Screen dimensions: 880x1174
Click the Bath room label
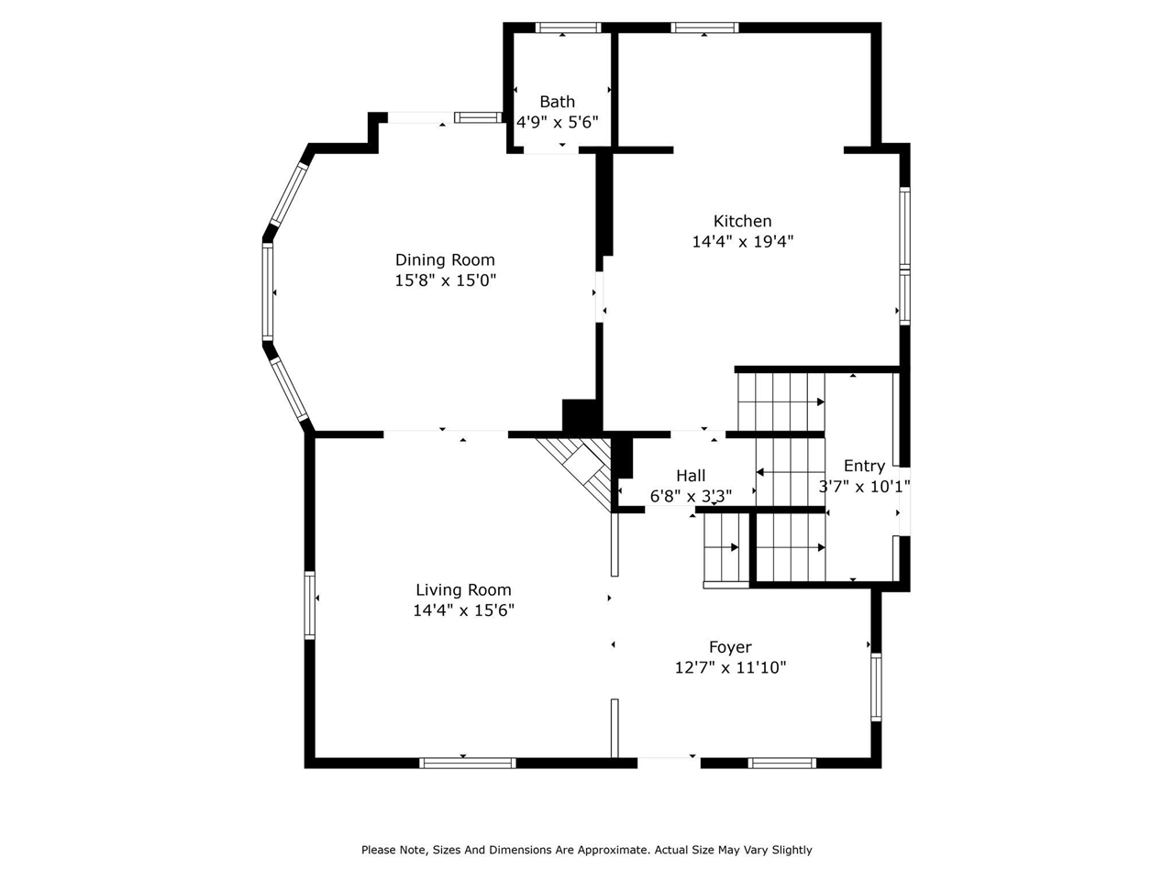557,102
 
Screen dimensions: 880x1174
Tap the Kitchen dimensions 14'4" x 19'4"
742,242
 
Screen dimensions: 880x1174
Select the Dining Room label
445,260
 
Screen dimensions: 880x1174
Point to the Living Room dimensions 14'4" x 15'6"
463,610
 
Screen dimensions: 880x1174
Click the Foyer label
730,647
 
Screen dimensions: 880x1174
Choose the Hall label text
691,476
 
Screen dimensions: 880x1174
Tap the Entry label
864,466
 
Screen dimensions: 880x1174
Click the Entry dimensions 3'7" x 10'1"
864,487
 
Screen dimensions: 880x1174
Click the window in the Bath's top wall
568,27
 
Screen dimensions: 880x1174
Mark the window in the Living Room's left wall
310,604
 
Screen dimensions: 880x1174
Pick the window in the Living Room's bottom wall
468,763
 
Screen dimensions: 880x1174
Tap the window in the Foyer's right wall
876,687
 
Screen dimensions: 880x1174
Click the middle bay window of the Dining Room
268,291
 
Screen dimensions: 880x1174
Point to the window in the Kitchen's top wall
704,27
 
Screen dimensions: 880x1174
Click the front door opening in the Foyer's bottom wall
668,761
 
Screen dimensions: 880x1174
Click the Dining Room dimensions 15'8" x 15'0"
445,280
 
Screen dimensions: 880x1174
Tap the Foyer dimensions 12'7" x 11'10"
730,668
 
